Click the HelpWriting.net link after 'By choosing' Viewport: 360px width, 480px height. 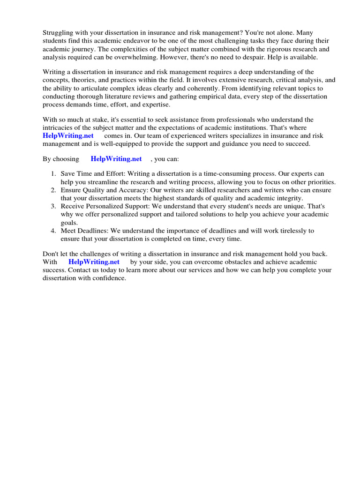tap(116, 159)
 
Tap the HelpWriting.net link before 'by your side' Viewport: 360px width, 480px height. tap(94, 262)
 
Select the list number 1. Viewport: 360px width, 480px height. tap(53, 174)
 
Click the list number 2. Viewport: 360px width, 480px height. tap(53, 190)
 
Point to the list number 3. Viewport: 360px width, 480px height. tap(53, 206)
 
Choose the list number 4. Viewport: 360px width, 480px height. tap(53, 231)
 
